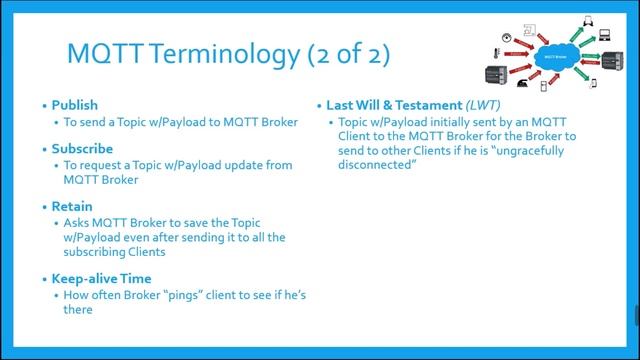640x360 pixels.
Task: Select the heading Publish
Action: (x=75, y=105)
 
